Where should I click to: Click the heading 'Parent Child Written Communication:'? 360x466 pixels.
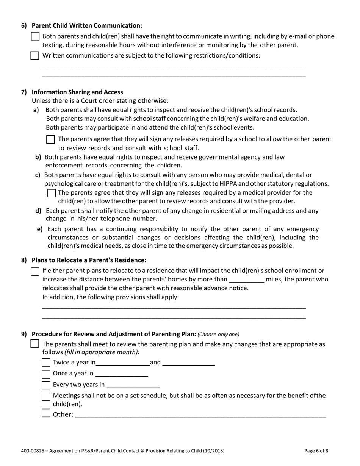pyautogui.click(x=87, y=25)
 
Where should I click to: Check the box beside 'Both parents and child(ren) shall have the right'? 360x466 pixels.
pyautogui.click(x=35, y=36)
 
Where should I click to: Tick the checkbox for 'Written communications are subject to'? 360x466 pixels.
pyautogui.click(x=35, y=55)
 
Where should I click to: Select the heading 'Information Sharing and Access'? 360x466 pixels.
pyautogui.click(x=77, y=92)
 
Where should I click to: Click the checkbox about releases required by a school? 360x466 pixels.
pyautogui.click(x=50, y=139)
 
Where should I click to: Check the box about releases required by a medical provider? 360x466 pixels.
pyautogui.click(x=52, y=193)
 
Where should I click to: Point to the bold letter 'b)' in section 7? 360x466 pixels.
pyautogui.click(x=38, y=157)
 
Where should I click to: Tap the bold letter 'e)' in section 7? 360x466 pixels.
pyautogui.click(x=40, y=229)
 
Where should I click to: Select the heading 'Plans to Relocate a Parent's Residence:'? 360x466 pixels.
pyautogui.click(x=89, y=260)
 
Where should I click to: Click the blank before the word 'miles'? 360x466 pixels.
pyautogui.click(x=246, y=280)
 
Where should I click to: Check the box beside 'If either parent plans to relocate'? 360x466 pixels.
pyautogui.click(x=35, y=271)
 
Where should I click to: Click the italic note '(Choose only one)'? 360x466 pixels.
pyautogui.click(x=219, y=334)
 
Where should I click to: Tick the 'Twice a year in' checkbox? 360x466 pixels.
pyautogui.click(x=46, y=363)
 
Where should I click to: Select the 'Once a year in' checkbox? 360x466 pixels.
pyautogui.click(x=46, y=374)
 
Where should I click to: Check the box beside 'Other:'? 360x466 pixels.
pyautogui.click(x=46, y=413)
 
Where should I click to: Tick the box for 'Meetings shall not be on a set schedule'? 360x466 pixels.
pyautogui.click(x=46, y=396)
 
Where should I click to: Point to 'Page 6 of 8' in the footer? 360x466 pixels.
pyautogui.click(x=316, y=451)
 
